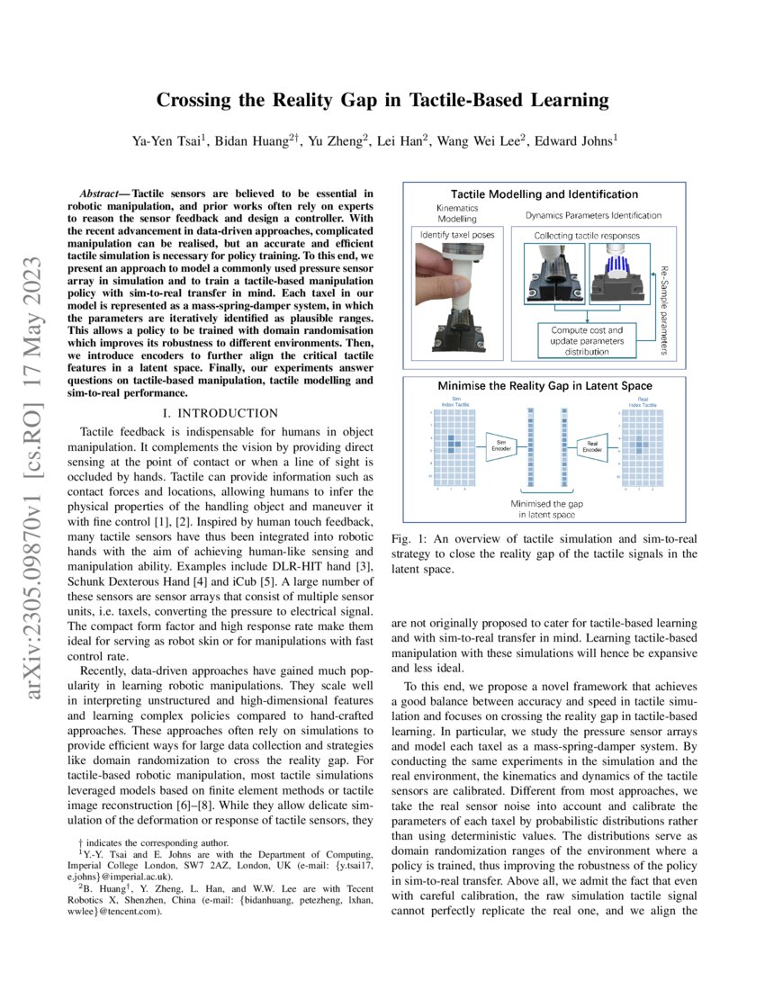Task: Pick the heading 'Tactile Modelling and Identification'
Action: pos(544,193)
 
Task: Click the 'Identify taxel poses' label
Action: pos(456,234)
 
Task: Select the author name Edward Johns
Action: pos(570,139)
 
